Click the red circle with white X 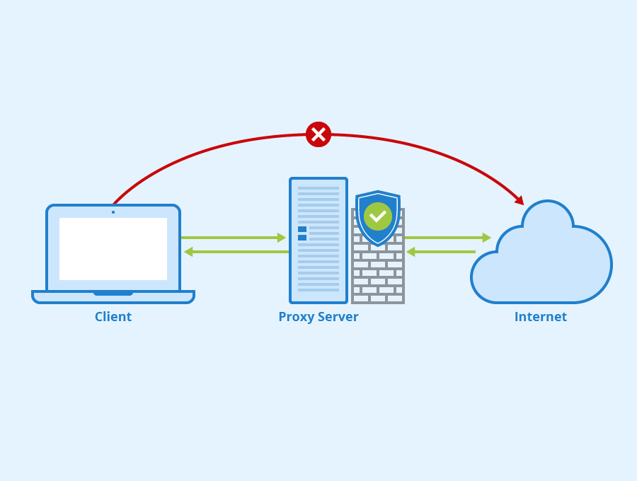pyautogui.click(x=318, y=134)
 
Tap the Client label pyautogui.click(x=113, y=317)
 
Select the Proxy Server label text pyautogui.click(x=318, y=317)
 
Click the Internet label pyautogui.click(x=540, y=317)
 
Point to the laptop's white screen pyautogui.click(x=113, y=249)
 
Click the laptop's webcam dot pyautogui.click(x=113, y=212)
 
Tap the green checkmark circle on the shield pyautogui.click(x=378, y=216)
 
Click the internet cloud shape pyautogui.click(x=545, y=262)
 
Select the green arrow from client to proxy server pyautogui.click(x=234, y=238)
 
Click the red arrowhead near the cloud pyautogui.click(x=520, y=200)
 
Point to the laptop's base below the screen pyautogui.click(x=113, y=296)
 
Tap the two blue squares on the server pyautogui.click(x=302, y=233)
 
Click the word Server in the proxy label pyautogui.click(x=337, y=317)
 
